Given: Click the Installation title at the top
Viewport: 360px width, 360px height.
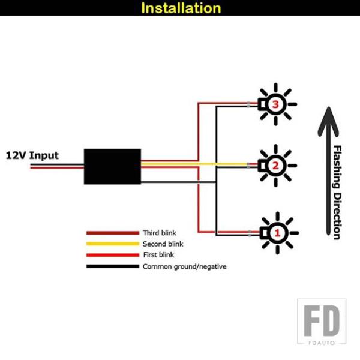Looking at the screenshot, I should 181,8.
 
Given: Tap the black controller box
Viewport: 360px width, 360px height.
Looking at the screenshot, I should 112,166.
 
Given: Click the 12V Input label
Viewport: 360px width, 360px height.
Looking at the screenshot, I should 32,155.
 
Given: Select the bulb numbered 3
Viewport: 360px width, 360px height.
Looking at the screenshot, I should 275,104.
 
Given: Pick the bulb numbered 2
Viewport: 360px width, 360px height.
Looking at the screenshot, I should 275,165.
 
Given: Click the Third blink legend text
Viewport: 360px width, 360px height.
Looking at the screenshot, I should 160,233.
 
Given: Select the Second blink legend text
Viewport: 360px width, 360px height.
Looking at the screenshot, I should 163,244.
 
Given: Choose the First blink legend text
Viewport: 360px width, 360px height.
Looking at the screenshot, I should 158,255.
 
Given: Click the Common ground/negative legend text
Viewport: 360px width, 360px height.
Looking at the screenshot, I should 184,266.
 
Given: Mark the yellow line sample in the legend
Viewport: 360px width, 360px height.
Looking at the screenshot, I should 112,244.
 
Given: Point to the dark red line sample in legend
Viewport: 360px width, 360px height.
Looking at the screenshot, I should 112,233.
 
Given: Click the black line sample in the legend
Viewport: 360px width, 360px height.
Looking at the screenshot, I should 112,266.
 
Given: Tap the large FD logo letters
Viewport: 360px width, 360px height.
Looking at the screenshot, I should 321,320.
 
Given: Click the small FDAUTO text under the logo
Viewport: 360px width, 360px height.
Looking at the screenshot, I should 322,343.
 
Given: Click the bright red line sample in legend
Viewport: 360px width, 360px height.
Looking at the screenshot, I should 112,255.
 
